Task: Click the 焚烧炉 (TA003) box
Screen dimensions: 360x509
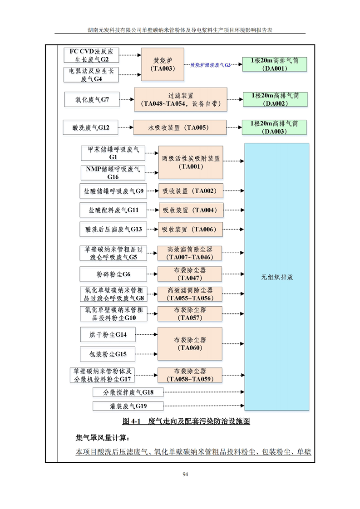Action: pyautogui.click(x=163, y=64)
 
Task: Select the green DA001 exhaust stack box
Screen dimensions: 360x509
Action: pyautogui.click(x=275, y=64)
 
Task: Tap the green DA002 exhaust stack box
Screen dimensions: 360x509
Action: pyautogui.click(x=275, y=99)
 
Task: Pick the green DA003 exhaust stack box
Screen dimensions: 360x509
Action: pyautogui.click(x=274, y=127)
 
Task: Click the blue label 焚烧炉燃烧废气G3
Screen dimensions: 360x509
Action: pyautogui.click(x=210, y=65)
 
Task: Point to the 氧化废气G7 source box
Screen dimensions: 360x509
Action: pyautogui.click(x=92, y=99)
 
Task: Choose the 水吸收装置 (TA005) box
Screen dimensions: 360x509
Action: pyautogui.click(x=180, y=127)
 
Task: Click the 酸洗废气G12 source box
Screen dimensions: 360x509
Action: pyautogui.click(x=91, y=127)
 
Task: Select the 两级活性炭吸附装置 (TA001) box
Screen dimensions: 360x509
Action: pyautogui.click(x=191, y=162)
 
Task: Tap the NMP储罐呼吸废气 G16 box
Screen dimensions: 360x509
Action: pyautogui.click(x=113, y=173)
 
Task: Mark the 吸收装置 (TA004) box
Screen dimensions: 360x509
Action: pyautogui.click(x=191, y=210)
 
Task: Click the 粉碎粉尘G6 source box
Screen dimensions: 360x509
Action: pyautogui.click(x=113, y=274)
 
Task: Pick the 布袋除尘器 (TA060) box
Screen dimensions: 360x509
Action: pyautogui.click(x=190, y=343)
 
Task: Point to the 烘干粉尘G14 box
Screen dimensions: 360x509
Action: pyautogui.click(x=108, y=334)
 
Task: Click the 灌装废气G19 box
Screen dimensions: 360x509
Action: pyautogui.click(x=128, y=406)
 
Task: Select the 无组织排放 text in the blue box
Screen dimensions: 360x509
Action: pyautogui.click(x=277, y=277)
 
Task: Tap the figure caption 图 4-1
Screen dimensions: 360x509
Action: pyautogui.click(x=131, y=421)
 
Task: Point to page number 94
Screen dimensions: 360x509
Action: pyautogui.click(x=185, y=474)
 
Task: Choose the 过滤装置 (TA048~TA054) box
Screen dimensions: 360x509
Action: pyautogui.click(x=181, y=99)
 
